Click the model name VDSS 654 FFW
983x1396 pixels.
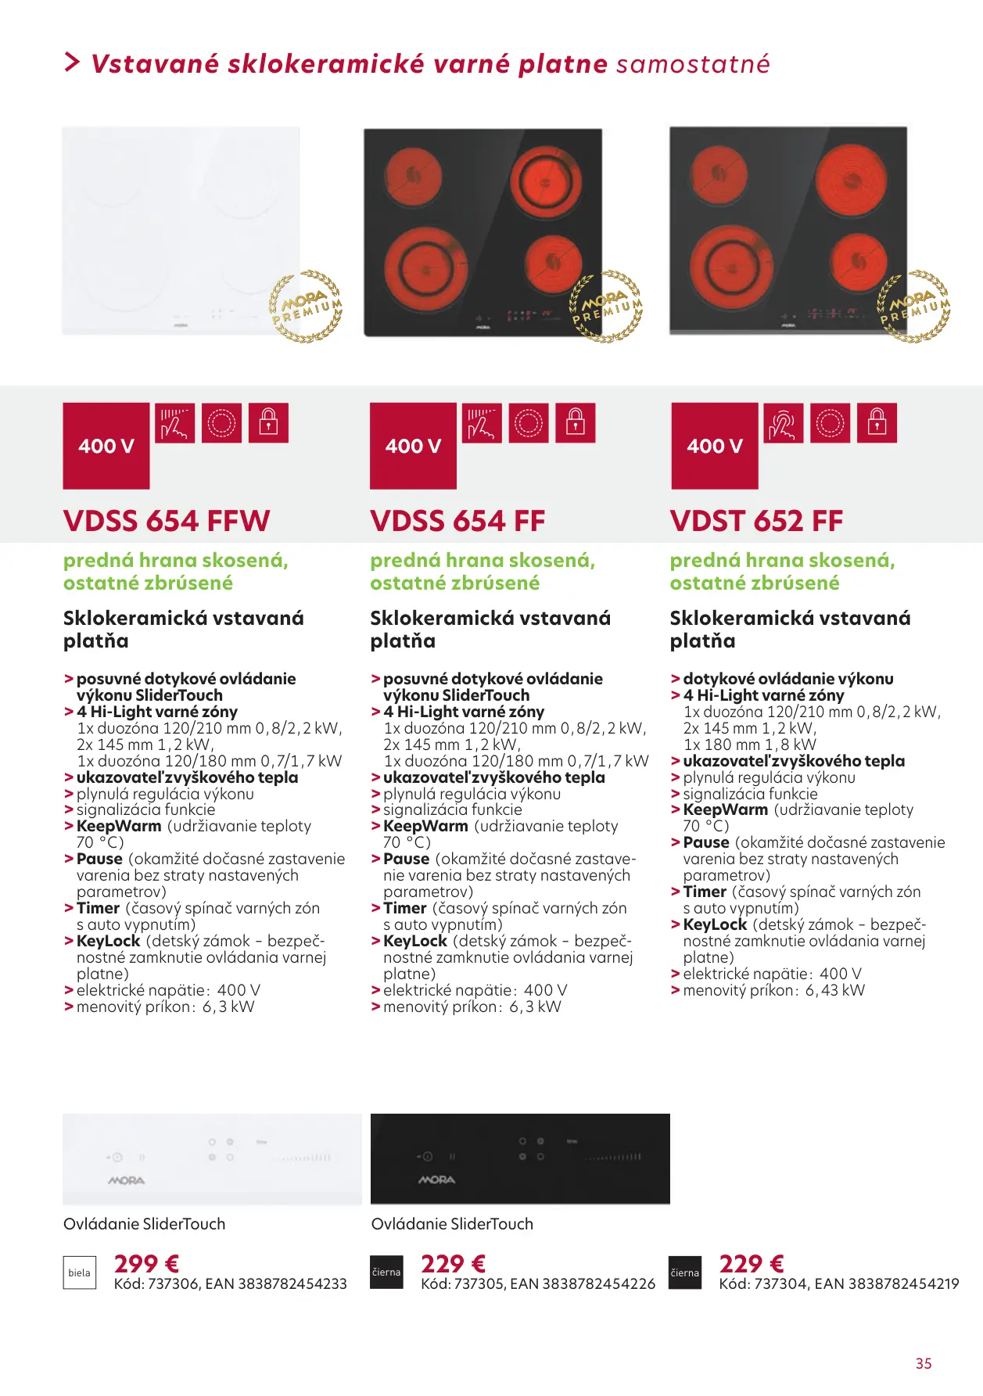(x=167, y=521)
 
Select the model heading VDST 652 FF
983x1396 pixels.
(x=756, y=521)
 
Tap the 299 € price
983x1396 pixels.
(x=146, y=1264)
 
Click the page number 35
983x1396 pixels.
(x=924, y=1363)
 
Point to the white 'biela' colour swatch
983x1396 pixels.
(x=79, y=1272)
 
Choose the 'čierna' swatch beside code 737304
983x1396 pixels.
(x=684, y=1272)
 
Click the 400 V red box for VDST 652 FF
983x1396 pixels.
(x=714, y=446)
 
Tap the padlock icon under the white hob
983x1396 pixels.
(x=268, y=423)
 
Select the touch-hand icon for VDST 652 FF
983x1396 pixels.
(x=783, y=423)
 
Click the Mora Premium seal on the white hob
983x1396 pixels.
(x=306, y=307)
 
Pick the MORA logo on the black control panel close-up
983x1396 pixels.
(x=436, y=1179)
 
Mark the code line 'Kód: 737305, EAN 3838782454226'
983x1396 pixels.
(x=538, y=1283)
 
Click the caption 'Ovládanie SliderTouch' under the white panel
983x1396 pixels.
(x=145, y=1224)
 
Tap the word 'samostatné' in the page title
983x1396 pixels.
(x=693, y=64)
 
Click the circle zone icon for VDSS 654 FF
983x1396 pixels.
(x=528, y=423)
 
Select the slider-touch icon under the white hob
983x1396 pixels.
(x=174, y=423)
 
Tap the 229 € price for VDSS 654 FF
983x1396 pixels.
(x=453, y=1264)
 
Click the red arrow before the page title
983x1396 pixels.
(x=72, y=63)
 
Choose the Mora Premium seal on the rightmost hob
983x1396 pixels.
(x=914, y=307)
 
